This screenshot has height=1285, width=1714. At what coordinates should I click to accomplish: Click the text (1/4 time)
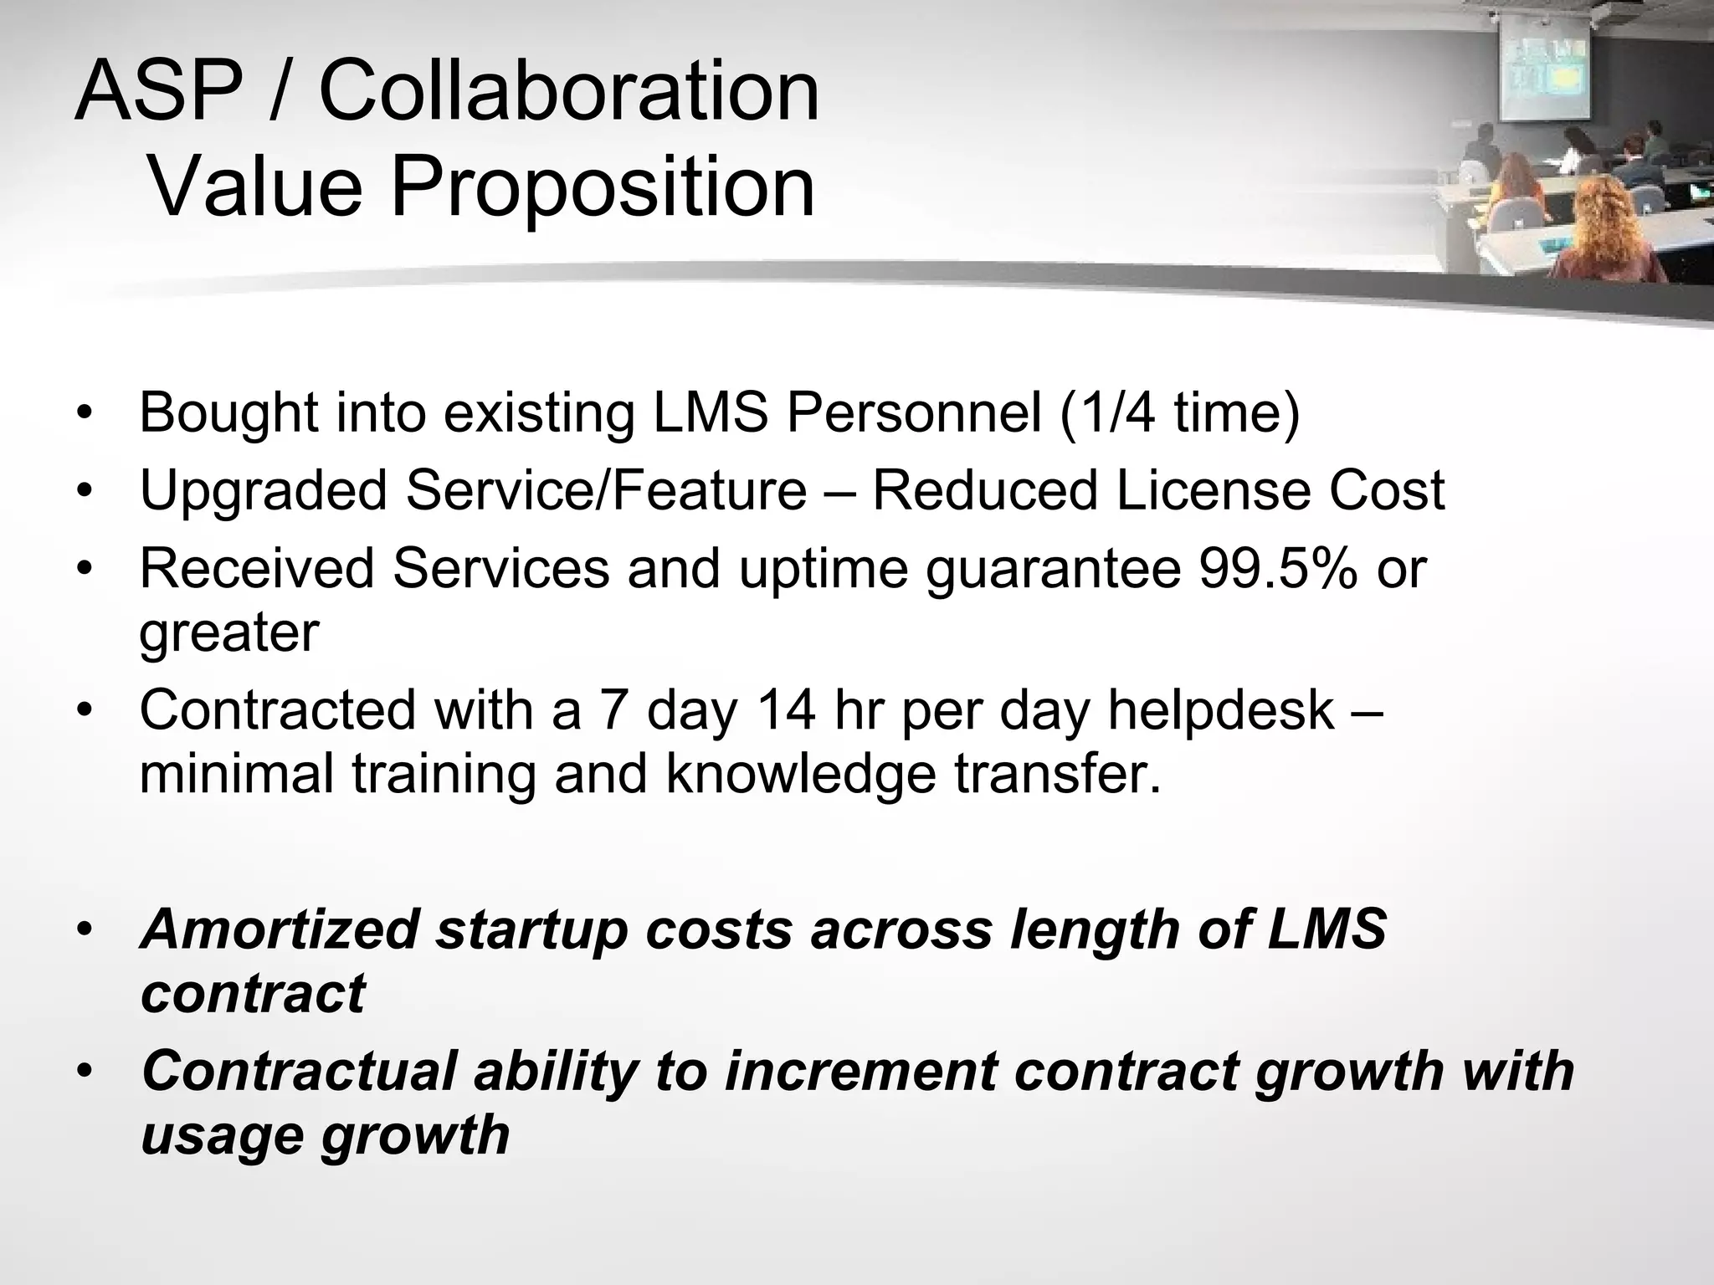coord(1180,412)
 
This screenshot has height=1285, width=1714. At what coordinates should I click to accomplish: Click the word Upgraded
coord(264,491)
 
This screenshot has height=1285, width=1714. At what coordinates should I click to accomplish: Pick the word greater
coord(229,633)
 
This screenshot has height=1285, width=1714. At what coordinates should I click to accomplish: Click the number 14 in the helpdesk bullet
coord(786,710)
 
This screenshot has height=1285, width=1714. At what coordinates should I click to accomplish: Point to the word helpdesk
coord(1221,710)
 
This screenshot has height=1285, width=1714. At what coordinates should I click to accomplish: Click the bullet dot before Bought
coord(85,413)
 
